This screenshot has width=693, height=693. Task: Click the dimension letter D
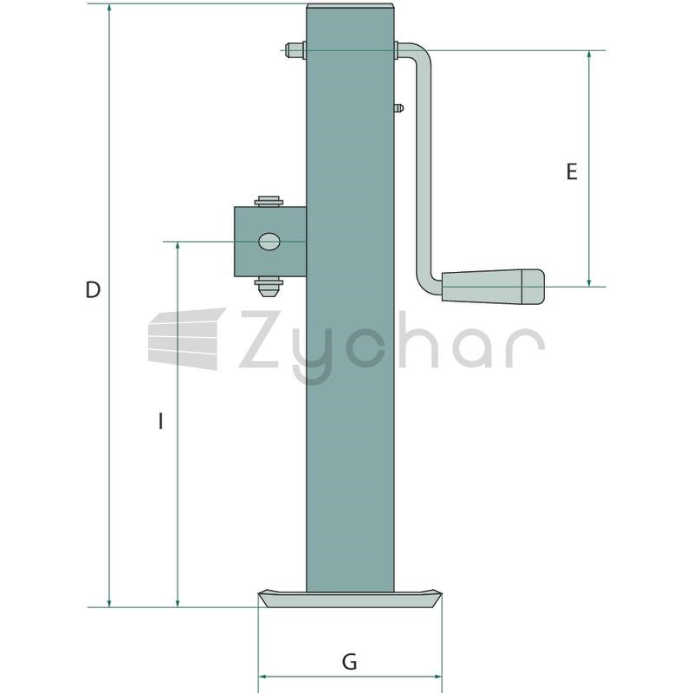(x=93, y=289)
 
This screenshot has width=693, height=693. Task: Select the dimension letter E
(x=572, y=172)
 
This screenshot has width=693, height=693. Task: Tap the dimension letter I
(x=161, y=420)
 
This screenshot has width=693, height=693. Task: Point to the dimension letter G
(x=349, y=662)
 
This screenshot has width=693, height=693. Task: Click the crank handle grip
(x=493, y=287)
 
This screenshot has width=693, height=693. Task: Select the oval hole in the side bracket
(x=269, y=242)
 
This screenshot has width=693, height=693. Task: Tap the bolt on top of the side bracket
(x=269, y=201)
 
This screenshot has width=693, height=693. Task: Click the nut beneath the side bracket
(x=269, y=287)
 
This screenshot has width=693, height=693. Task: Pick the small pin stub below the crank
(x=398, y=107)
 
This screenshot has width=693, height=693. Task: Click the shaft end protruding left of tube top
(x=295, y=50)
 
